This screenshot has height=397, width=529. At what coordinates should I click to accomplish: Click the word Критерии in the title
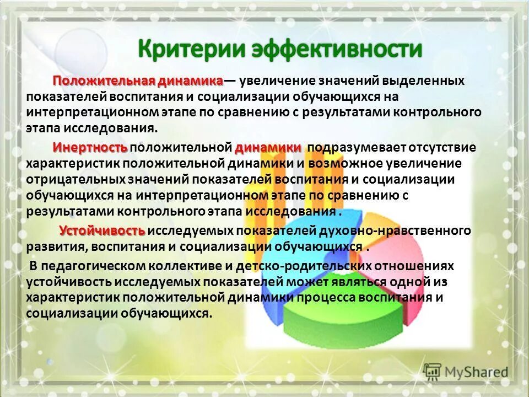[x=190, y=50]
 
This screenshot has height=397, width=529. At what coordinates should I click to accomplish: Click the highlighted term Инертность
[x=90, y=148]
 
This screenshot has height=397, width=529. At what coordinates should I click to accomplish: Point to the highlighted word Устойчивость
[x=102, y=230]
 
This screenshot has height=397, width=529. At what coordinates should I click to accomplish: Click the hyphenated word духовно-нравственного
[x=408, y=230]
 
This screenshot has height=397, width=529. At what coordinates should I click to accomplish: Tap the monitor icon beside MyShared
[x=433, y=371]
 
